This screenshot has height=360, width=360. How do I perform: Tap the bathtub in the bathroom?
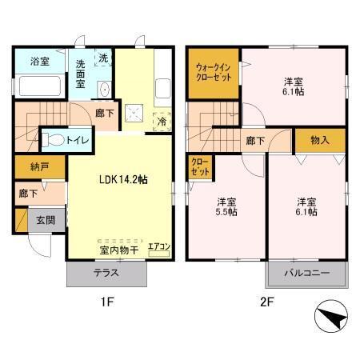tap(38, 86)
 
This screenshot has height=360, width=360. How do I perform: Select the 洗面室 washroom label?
tap(82, 74)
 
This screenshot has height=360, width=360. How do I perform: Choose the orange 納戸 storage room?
tap(29, 168)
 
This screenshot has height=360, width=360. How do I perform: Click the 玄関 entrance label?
tap(46, 219)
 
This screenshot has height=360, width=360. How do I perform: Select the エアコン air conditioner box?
tap(159, 247)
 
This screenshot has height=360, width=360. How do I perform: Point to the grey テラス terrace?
tap(107, 273)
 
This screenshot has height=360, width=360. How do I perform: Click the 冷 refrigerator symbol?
tap(162, 122)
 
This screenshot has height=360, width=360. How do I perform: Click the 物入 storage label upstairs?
tap(319, 140)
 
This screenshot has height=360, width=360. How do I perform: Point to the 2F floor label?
tap(268, 303)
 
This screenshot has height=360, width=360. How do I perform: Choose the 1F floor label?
tap(106, 303)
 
